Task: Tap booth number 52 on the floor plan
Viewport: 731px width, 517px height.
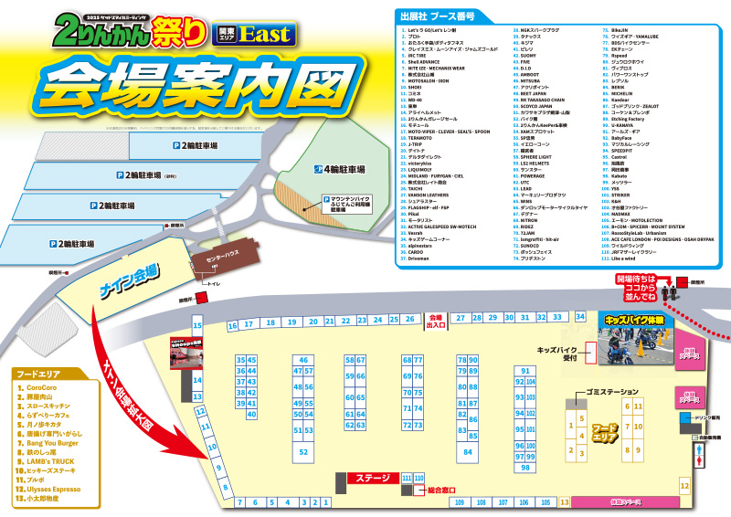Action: tap(303, 451)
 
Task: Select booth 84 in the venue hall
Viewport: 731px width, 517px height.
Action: tap(468, 450)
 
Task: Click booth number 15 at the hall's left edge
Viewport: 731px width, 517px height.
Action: tap(197, 325)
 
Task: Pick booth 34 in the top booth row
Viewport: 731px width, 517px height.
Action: tap(580, 316)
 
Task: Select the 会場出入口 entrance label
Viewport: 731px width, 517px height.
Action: tap(436, 322)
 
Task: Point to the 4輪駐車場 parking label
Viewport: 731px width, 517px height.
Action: tap(340, 170)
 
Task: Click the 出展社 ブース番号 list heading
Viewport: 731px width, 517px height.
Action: tap(438, 16)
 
